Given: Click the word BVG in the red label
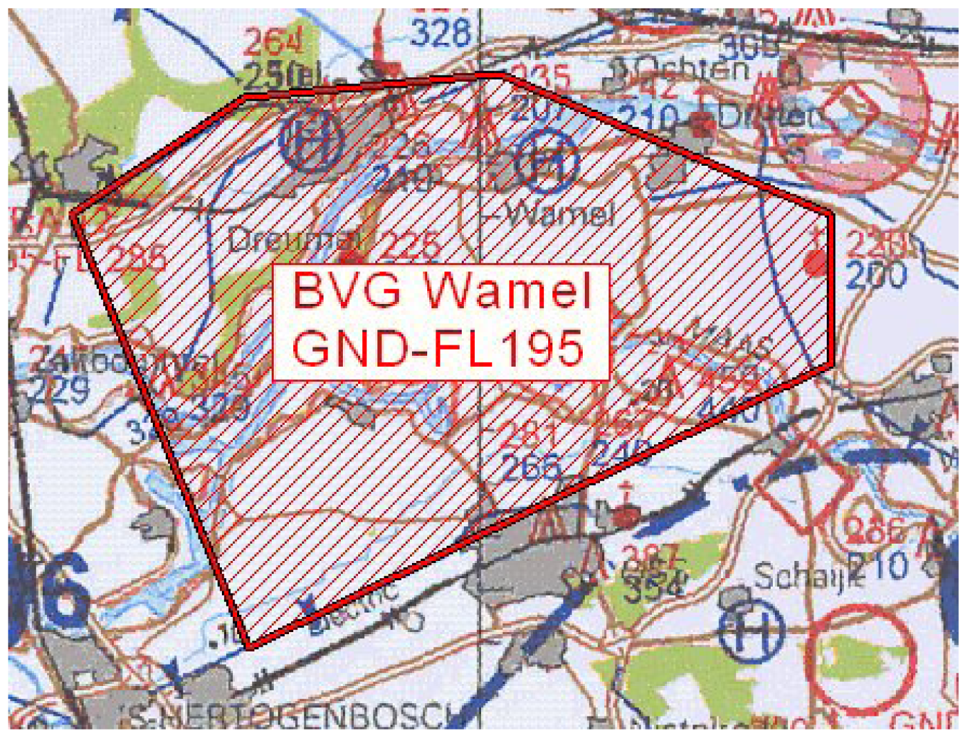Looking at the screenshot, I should [x=347, y=291].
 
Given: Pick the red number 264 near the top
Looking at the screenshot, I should [x=273, y=43].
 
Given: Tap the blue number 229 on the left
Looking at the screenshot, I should [x=61, y=390].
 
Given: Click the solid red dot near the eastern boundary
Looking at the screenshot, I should [x=817, y=262].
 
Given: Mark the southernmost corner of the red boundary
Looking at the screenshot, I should [x=248, y=647].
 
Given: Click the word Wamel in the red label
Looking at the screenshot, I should [x=508, y=291].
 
